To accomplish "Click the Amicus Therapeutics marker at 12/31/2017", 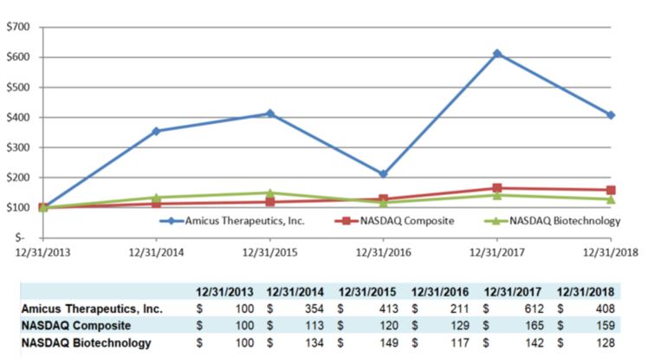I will (x=497, y=54).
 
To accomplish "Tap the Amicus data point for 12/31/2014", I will (x=156, y=131).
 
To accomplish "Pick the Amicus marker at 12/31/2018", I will (x=611, y=115).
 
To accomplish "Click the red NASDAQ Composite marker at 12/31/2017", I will (x=497, y=188).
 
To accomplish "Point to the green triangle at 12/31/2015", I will (x=269, y=192).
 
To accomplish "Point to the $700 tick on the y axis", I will (x=19, y=28).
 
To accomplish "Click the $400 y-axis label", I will (x=19, y=118).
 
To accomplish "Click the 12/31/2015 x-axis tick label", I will (x=269, y=252).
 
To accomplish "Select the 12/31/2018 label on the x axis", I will (x=611, y=252).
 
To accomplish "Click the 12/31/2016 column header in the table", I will (x=442, y=291).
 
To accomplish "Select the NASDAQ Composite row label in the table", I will (x=76, y=325).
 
